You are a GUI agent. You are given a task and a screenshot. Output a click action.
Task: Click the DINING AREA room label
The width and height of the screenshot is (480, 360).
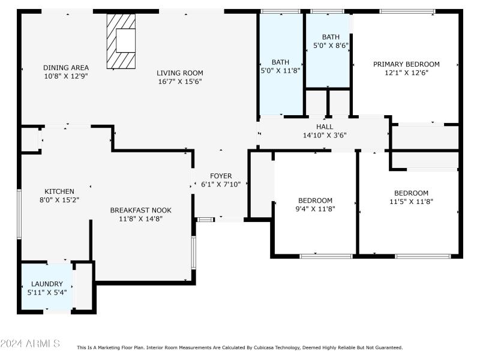(x=66, y=68)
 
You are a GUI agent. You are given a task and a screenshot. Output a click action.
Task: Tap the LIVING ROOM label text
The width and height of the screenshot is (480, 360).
(x=180, y=73)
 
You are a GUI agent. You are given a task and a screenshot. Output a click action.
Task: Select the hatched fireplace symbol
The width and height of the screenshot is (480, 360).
(x=120, y=41)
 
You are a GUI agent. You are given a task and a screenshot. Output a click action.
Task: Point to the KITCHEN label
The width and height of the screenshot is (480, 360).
(x=59, y=191)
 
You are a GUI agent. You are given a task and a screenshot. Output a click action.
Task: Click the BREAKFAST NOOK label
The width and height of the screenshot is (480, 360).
(x=140, y=210)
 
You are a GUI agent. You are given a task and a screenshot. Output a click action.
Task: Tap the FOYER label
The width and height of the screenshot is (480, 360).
(x=221, y=176)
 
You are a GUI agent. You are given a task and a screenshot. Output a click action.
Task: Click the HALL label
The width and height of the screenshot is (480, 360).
(x=325, y=127)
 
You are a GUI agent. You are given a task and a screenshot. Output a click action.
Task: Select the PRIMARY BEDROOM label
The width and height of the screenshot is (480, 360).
(x=406, y=64)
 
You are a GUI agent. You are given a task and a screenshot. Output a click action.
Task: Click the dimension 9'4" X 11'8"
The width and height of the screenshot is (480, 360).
(x=315, y=209)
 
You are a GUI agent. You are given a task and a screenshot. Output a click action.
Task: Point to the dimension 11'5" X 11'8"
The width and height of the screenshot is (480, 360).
(x=411, y=202)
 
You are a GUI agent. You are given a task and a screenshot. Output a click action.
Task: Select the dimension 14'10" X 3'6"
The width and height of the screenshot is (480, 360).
(x=325, y=136)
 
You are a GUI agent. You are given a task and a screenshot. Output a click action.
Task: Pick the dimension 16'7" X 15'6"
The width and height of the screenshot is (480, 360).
(x=180, y=81)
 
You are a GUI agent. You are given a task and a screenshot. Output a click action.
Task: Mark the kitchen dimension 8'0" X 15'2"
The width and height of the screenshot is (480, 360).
(x=59, y=200)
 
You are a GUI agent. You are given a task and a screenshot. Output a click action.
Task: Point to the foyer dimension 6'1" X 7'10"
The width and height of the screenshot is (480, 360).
(x=221, y=184)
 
